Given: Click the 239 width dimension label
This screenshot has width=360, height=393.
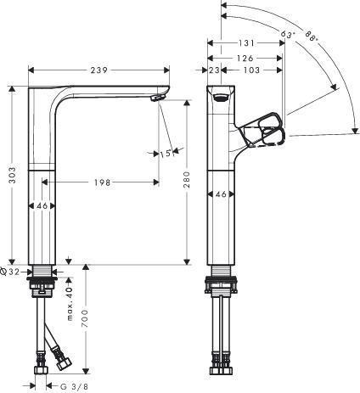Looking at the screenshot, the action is (99, 70).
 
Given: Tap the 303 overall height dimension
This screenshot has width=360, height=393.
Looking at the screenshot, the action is (12, 175).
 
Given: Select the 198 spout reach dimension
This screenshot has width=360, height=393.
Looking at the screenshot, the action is (102, 182).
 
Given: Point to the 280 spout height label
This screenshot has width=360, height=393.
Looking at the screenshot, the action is (187, 179).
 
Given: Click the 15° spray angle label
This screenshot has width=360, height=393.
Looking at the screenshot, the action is (166, 154).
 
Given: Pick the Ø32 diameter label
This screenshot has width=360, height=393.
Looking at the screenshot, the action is (10, 272).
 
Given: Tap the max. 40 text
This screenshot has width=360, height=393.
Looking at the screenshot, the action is (70, 304).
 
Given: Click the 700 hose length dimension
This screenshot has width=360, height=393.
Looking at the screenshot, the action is (85, 318).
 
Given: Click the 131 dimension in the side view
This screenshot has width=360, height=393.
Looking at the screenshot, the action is (246, 43).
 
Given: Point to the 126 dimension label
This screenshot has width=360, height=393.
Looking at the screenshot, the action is (245, 59).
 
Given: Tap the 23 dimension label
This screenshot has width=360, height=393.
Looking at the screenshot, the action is (214, 70).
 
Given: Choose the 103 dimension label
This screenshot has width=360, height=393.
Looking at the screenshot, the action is (251, 70).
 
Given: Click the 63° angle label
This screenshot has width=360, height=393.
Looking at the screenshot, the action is (288, 35).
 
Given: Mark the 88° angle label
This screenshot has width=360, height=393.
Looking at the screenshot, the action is (312, 36).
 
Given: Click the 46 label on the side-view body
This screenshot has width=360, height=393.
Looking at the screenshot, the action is (221, 194).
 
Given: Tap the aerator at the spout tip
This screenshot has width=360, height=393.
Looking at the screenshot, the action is (157, 98).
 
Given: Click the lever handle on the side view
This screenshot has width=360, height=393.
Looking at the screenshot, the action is (262, 131).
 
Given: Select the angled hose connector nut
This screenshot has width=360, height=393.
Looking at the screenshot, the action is (64, 363).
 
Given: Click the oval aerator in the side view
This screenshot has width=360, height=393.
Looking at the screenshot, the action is (221, 98).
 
